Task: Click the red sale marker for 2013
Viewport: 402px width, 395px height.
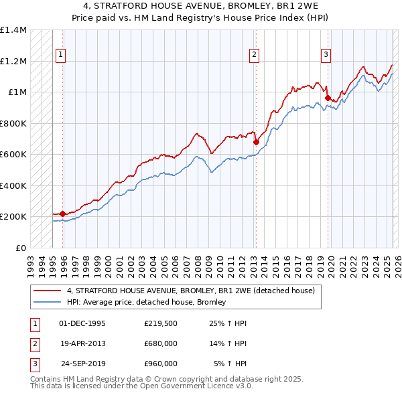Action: click(256, 142)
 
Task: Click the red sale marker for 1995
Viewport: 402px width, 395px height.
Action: click(62, 214)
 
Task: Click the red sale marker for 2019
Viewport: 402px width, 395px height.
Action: click(328, 98)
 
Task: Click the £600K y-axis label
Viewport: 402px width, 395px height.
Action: click(13, 154)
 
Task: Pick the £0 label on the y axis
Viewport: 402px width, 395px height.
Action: click(19, 248)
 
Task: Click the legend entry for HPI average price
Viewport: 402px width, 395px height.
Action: click(146, 303)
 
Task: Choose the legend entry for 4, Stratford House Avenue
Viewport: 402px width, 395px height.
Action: click(195, 291)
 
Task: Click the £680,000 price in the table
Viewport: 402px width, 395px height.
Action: click(160, 343)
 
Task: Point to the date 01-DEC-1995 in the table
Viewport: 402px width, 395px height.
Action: click(82, 323)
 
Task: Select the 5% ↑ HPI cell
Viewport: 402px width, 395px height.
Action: click(230, 364)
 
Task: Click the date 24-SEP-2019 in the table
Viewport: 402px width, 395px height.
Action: click(83, 364)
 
